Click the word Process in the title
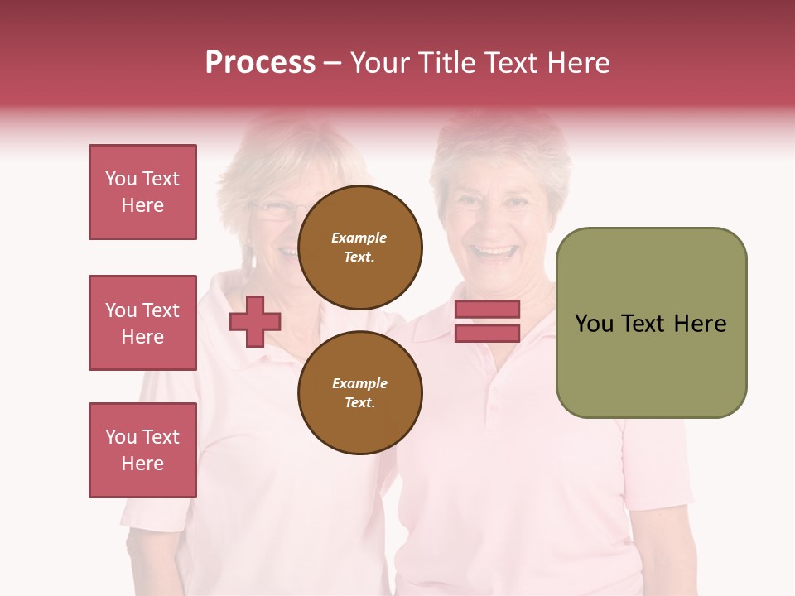(x=260, y=62)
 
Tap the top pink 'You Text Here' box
(x=142, y=192)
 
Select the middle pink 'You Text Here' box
(x=142, y=323)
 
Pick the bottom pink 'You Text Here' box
(x=142, y=449)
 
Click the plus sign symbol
(x=255, y=320)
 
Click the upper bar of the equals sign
(x=487, y=309)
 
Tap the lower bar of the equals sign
(x=487, y=333)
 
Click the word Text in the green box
(x=646, y=324)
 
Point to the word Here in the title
(x=578, y=62)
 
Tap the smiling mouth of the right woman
(x=494, y=252)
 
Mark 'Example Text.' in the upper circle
(x=359, y=247)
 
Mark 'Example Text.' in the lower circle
(x=359, y=392)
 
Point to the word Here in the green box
(x=701, y=324)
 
